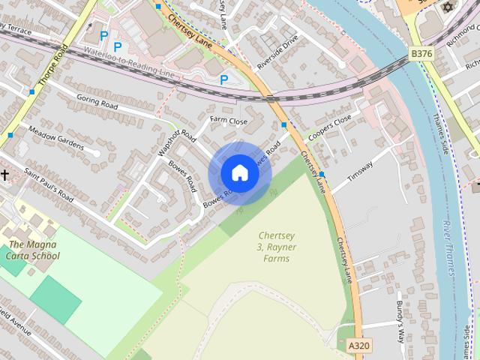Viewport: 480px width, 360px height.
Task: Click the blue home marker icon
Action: (x=240, y=173)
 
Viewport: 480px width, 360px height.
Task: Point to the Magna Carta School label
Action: (x=34, y=250)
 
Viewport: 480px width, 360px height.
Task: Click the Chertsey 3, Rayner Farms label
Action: (x=272, y=247)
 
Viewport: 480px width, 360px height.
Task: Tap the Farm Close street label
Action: (x=228, y=121)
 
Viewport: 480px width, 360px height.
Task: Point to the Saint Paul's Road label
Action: (x=49, y=185)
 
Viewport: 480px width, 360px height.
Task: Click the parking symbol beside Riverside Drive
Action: (x=223, y=79)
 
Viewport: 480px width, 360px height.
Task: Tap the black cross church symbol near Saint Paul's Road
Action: (x=5, y=175)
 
